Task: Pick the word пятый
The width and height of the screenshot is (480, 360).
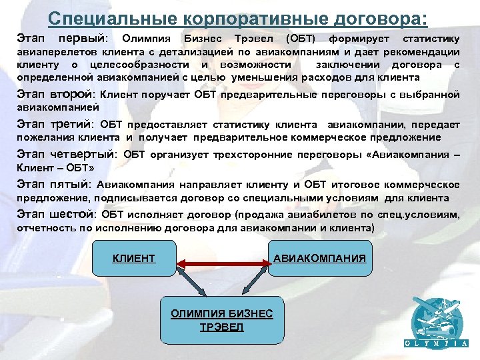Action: tap(70, 184)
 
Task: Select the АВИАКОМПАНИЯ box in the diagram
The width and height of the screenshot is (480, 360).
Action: tap(319, 258)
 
